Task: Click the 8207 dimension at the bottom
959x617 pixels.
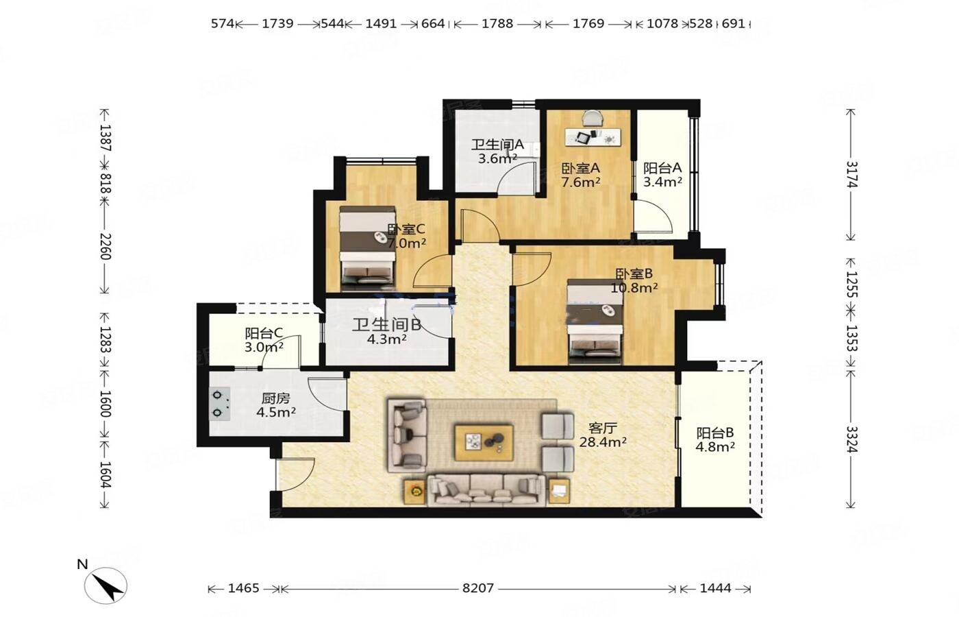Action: [x=478, y=588]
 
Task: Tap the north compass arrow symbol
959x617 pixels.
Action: [x=105, y=585]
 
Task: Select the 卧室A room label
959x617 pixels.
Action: [x=581, y=169]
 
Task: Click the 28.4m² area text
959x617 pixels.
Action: [x=603, y=441]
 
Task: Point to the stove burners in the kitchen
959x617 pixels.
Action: [x=219, y=404]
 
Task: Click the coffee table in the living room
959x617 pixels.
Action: [x=484, y=443]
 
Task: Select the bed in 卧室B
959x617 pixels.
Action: [x=595, y=322]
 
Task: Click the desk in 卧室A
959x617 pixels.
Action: [x=593, y=136]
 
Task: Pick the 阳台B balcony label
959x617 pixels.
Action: [x=715, y=433]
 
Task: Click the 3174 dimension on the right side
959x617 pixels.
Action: [x=851, y=174]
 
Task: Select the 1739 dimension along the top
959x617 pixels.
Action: [x=277, y=23]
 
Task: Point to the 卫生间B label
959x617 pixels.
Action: [x=386, y=325]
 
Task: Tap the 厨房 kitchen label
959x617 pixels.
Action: [x=275, y=398]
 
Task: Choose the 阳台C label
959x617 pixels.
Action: [x=264, y=333]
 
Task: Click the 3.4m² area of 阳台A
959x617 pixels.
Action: [x=662, y=182]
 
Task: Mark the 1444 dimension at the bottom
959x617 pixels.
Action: [x=715, y=588]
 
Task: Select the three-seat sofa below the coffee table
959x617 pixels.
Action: [x=486, y=489]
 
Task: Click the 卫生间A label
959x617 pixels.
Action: [x=497, y=145]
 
